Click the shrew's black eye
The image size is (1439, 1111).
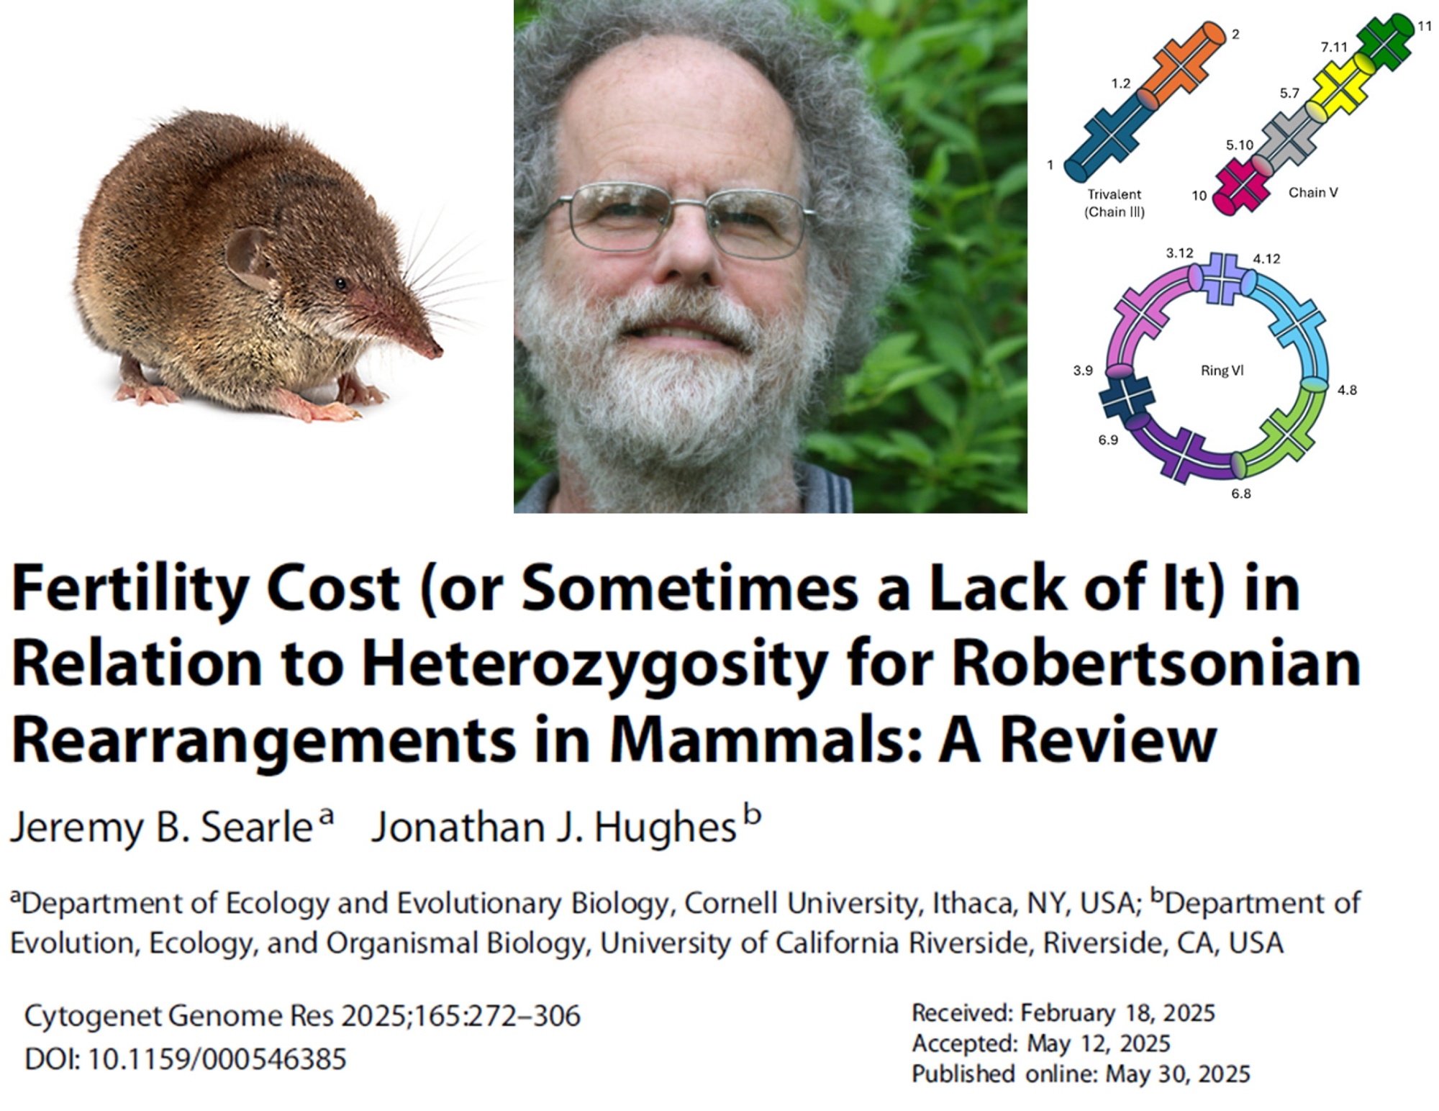340,284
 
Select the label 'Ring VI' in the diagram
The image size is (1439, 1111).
1222,371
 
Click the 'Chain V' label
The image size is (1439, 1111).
1312,192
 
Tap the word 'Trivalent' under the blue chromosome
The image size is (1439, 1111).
1114,194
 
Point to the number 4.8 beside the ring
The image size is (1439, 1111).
1347,390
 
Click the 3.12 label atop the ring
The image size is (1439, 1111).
1179,253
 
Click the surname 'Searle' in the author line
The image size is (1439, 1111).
256,827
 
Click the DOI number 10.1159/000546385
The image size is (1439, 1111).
217,1059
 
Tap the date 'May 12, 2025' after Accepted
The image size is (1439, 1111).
1098,1043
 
